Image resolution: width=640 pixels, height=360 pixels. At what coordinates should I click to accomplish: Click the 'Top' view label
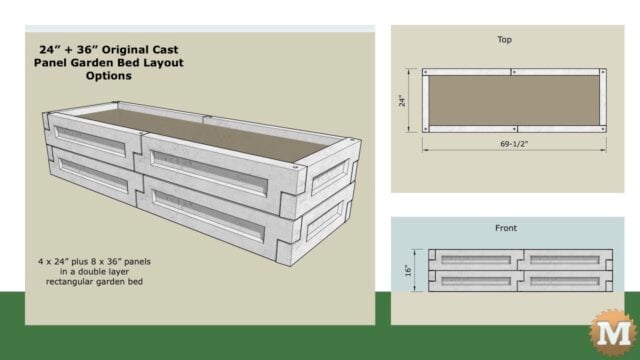pyautogui.click(x=505, y=40)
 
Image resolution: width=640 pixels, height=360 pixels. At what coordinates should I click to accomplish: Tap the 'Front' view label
pyautogui.click(x=505, y=228)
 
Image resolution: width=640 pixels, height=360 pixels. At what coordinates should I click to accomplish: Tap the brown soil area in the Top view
pyautogui.click(x=512, y=101)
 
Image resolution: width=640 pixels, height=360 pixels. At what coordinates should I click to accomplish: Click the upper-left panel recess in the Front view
pyautogui.click(x=472, y=257)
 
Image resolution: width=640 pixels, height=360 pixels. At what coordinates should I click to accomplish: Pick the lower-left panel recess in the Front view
pyautogui.click(x=472, y=281)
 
